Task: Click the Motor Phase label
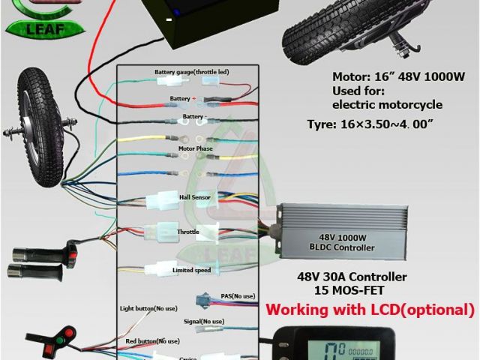pyautogui.click(x=195, y=148)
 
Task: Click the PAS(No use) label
pyautogui.click(x=238, y=295)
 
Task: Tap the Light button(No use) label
pyautogui.click(x=148, y=308)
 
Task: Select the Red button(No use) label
pyautogui.click(x=153, y=341)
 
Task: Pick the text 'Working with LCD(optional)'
pyautogui.click(x=370, y=309)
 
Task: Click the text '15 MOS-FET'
pyautogui.click(x=340, y=289)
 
